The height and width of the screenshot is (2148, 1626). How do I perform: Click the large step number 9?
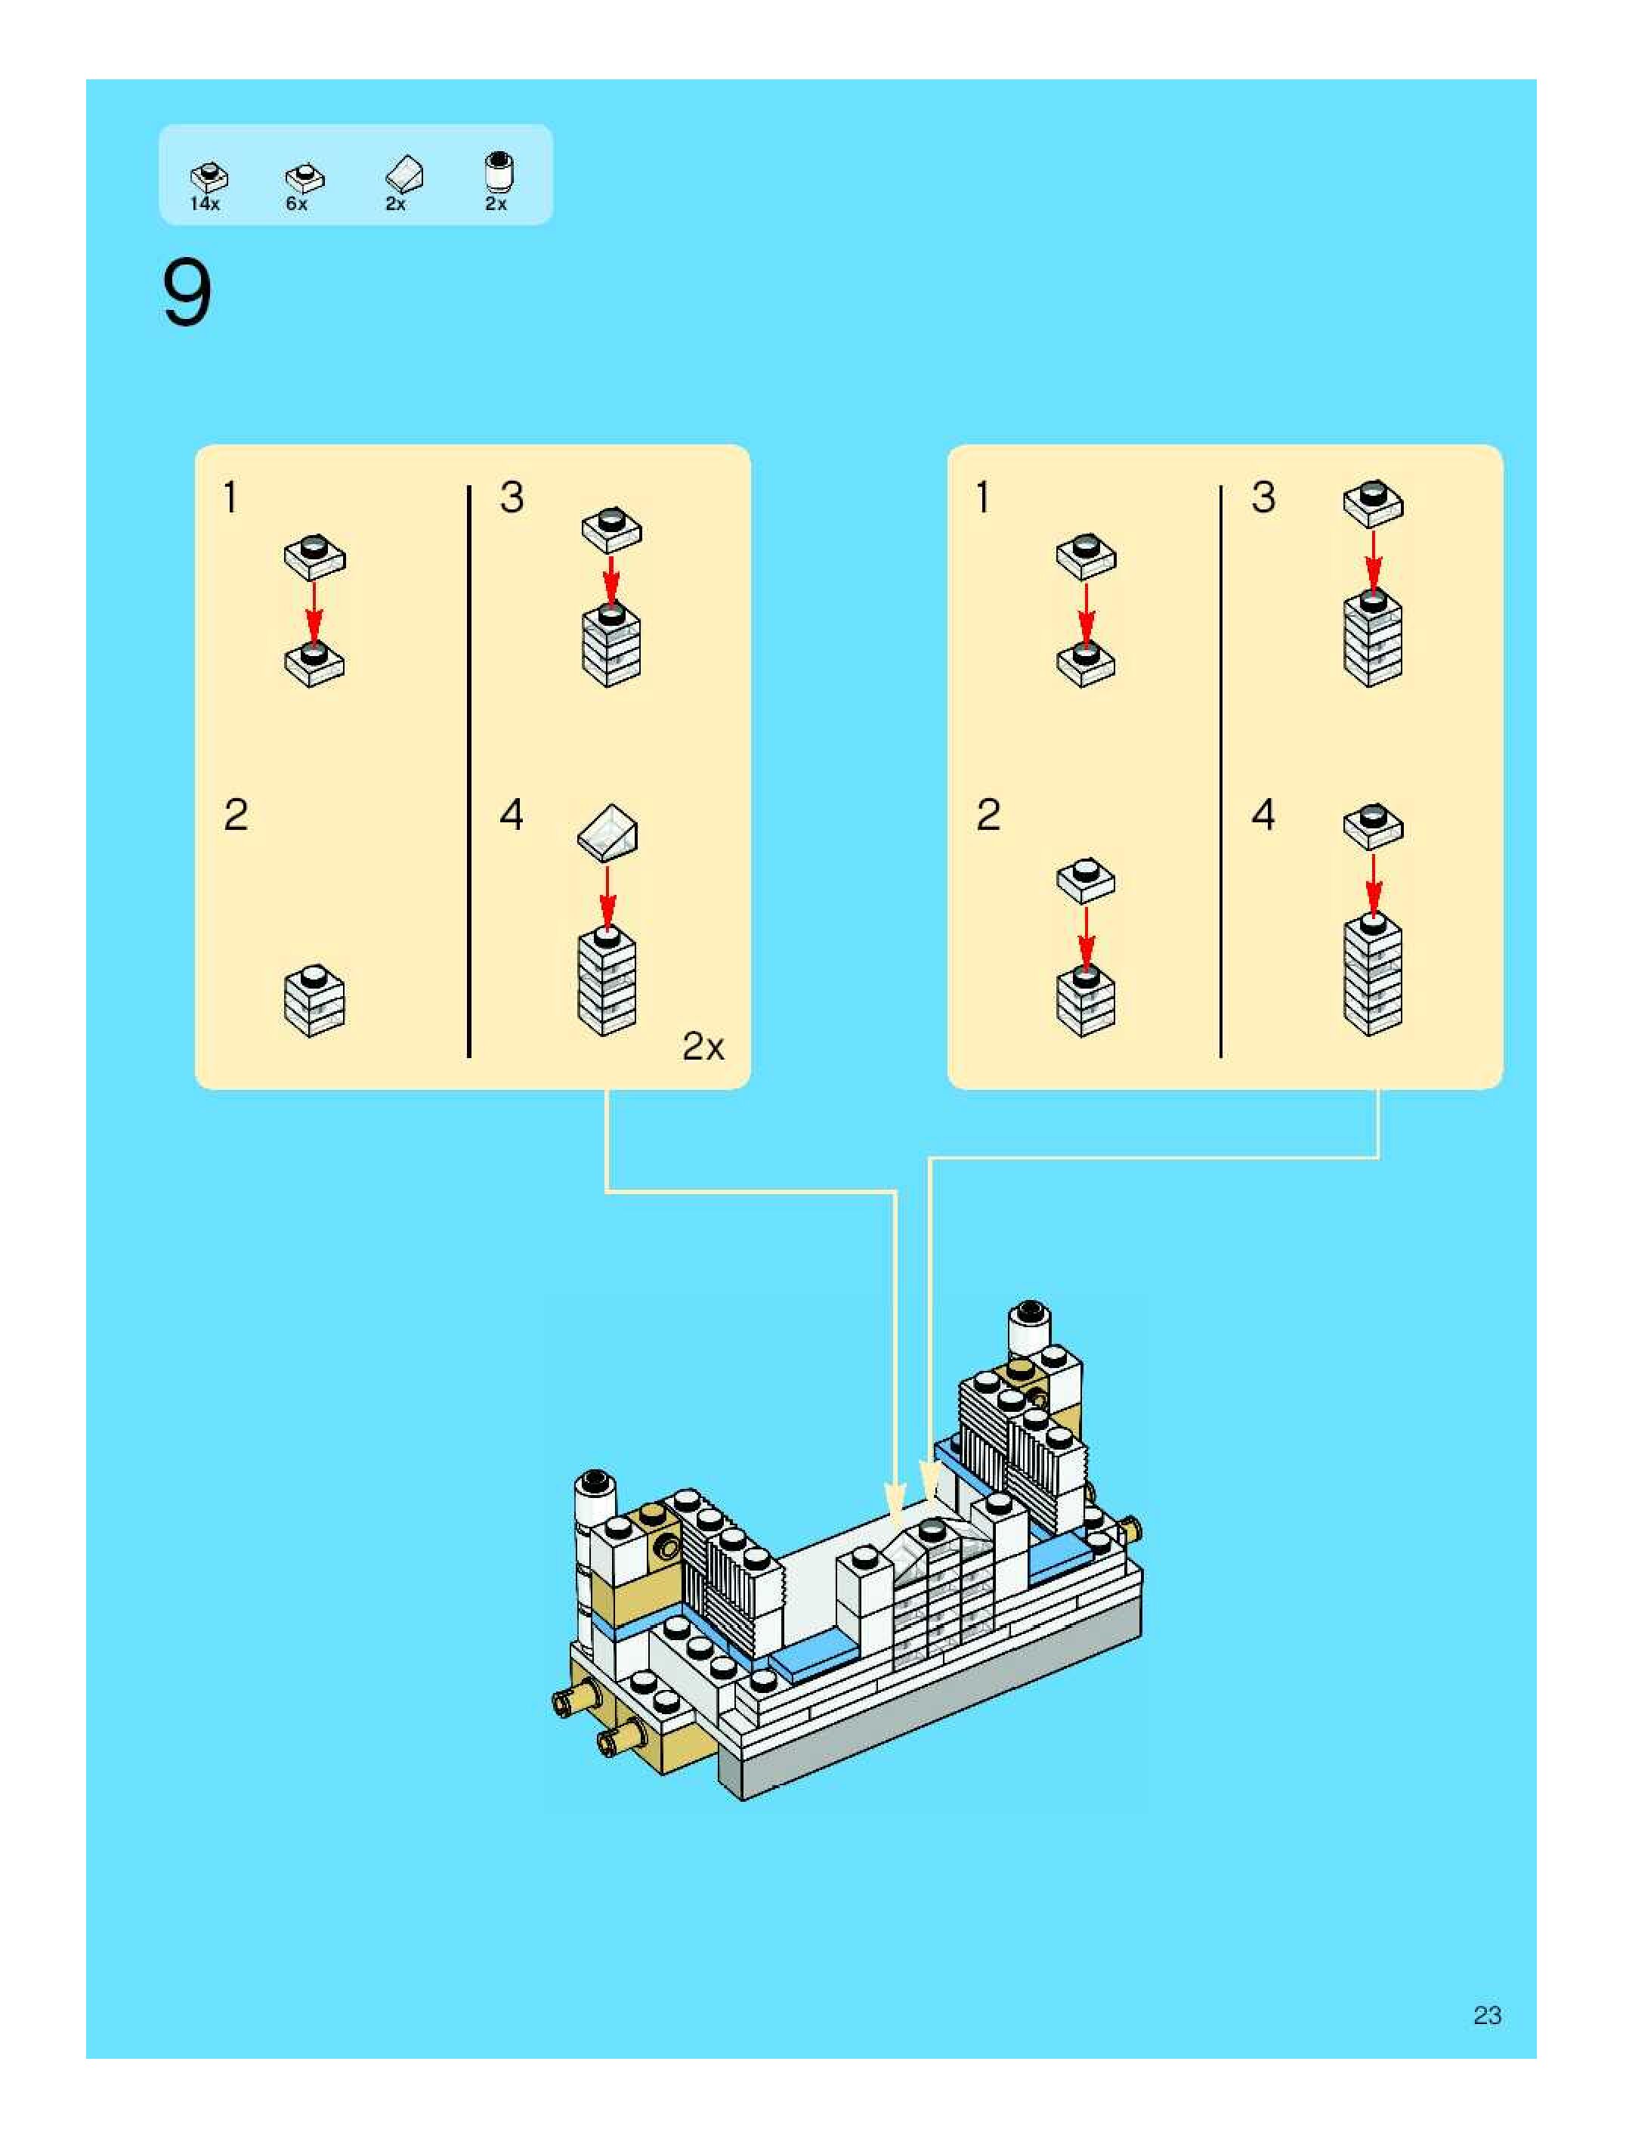(187, 294)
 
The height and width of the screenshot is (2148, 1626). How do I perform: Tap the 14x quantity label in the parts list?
(205, 204)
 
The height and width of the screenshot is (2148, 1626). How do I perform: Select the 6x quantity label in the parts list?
(297, 204)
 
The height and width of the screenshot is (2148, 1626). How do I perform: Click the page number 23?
(1486, 2015)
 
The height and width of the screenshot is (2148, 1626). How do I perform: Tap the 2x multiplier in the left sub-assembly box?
(703, 1046)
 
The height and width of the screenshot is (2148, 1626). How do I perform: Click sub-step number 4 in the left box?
(512, 815)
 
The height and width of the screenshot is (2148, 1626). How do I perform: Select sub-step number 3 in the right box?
(1263, 497)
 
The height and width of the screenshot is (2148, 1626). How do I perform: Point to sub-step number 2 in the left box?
(236, 815)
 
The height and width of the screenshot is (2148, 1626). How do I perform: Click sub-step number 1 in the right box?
(983, 497)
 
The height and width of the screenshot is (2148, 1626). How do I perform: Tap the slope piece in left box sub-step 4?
(607, 832)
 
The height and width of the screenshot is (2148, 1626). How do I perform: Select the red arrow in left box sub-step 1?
(314, 611)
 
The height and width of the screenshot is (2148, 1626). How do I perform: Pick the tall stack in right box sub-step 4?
(1373, 974)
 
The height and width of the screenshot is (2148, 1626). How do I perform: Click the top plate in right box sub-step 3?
(1373, 502)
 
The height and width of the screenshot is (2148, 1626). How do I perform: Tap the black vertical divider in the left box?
(469, 771)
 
